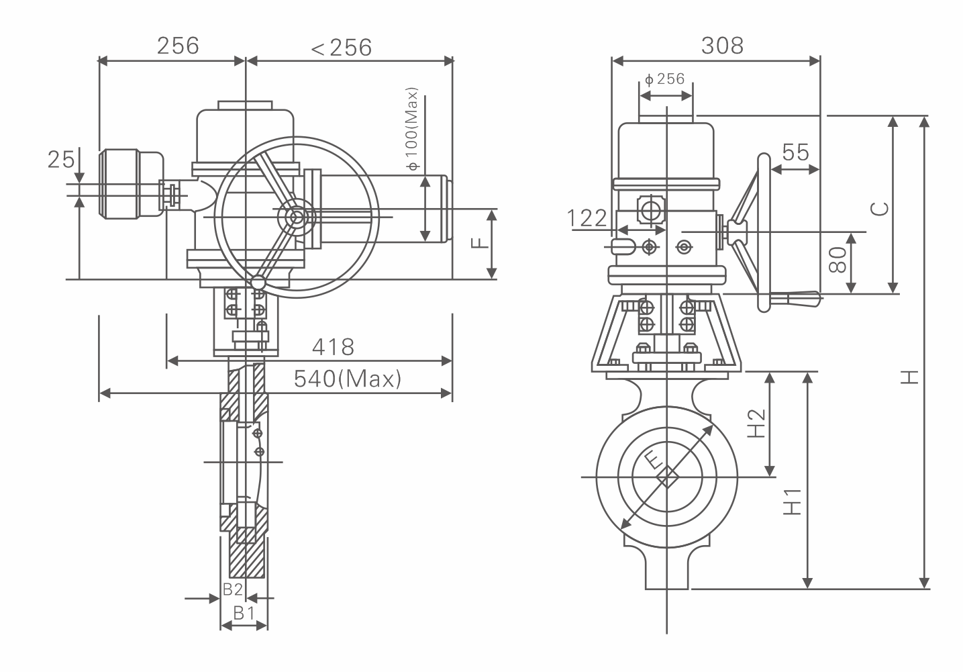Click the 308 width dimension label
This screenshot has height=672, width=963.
click(x=722, y=46)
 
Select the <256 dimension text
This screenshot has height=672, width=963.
click(x=341, y=47)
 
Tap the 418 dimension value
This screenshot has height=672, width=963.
click(x=333, y=347)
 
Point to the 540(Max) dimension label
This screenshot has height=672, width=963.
click(x=348, y=379)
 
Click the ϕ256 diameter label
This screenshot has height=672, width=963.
click(x=664, y=79)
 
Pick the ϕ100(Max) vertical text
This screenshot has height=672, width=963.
click(x=411, y=128)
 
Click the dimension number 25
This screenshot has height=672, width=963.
click(x=61, y=160)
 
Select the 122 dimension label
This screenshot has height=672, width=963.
click(x=587, y=218)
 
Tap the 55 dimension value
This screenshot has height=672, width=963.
click(x=795, y=152)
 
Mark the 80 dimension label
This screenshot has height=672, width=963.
click(x=838, y=260)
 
